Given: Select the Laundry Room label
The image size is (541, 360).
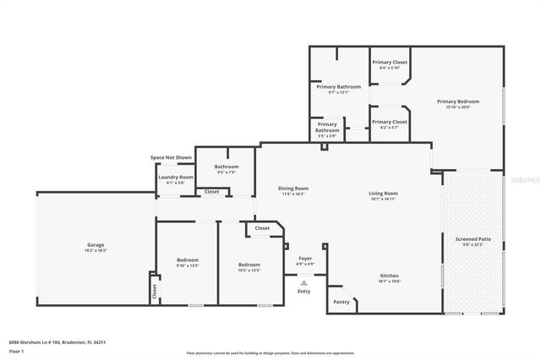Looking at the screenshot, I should (176, 177).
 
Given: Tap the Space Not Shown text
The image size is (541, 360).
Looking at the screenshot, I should (171, 157).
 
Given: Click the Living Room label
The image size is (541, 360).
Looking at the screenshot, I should (383, 194).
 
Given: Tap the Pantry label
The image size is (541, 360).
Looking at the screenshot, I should (342, 302).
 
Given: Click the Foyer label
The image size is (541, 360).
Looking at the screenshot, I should (305, 259).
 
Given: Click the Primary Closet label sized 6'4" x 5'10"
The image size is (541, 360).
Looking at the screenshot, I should (390, 63).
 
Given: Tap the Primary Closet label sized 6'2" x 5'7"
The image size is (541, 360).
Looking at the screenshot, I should (389, 123).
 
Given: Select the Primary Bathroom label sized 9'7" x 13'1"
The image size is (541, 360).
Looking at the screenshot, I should (338, 88).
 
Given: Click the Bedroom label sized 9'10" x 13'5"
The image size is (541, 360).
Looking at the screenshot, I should (188, 260).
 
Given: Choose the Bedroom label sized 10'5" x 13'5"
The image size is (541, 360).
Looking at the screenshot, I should (249, 266).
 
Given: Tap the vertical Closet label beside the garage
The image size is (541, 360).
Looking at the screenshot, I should (155, 290).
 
